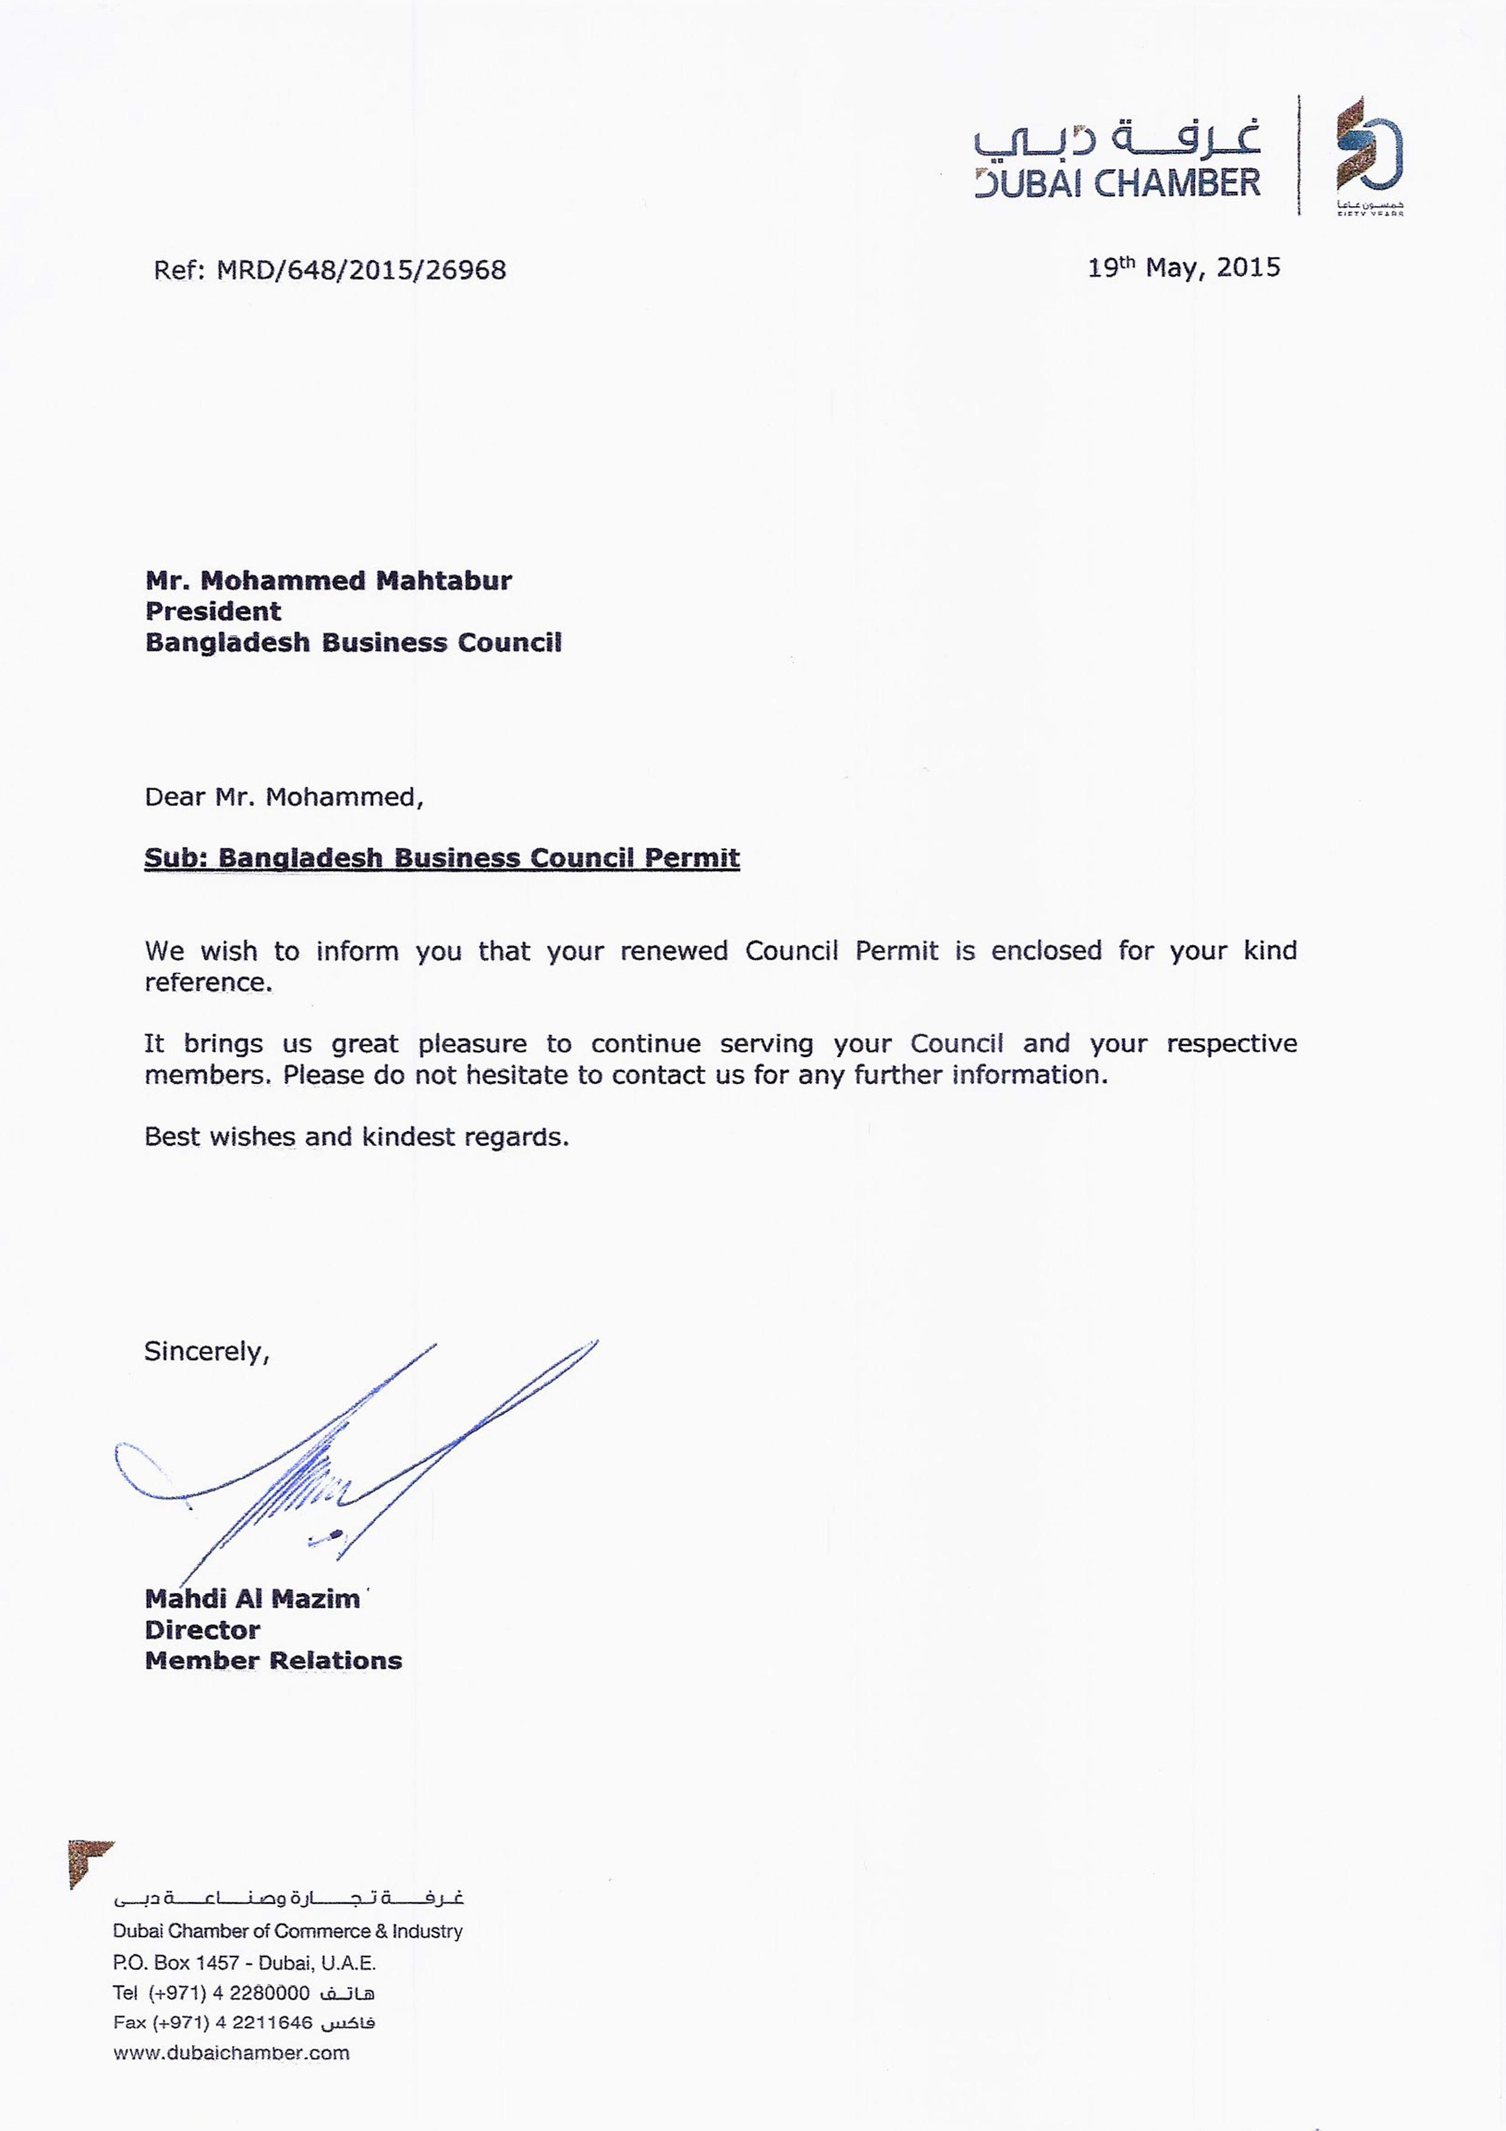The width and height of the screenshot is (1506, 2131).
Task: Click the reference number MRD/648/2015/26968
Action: tap(360, 270)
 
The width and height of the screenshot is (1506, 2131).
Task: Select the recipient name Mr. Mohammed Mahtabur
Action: tap(329, 581)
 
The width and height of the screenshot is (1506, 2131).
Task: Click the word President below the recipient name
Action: tap(213, 612)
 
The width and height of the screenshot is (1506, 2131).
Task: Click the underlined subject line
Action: tap(441, 858)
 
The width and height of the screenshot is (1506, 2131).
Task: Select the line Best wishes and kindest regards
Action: tap(356, 1137)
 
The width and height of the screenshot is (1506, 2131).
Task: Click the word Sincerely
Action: tap(206, 1352)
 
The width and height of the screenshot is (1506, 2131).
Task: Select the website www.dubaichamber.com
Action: tap(231, 2052)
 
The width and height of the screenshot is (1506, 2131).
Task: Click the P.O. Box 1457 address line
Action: tap(244, 1962)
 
